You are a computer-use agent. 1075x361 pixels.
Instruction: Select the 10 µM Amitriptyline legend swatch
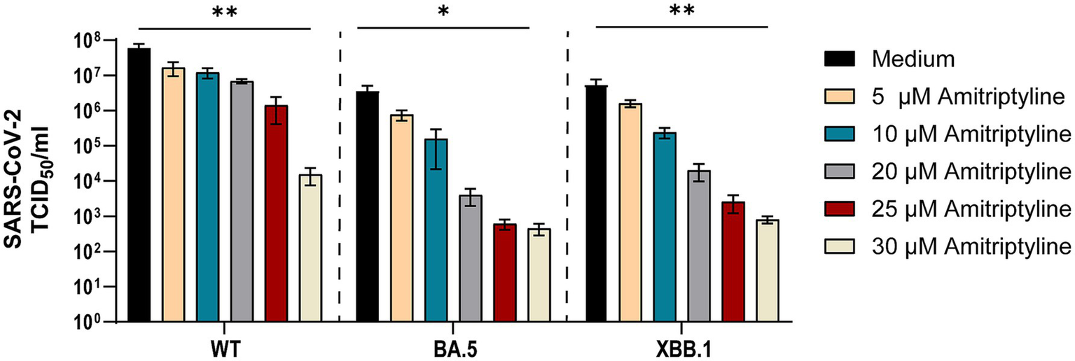[842, 134]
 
